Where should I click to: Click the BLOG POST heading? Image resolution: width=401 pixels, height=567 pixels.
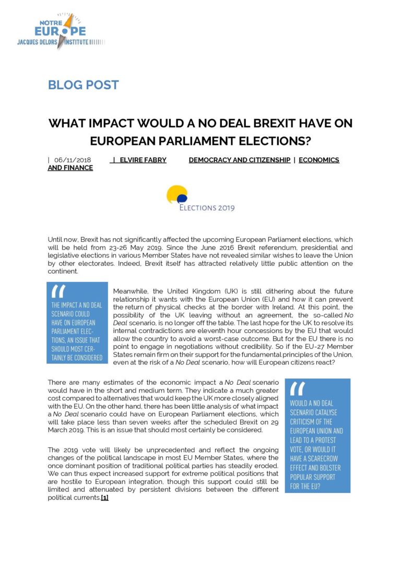click(84, 85)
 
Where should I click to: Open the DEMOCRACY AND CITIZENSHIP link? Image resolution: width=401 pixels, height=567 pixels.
click(240, 160)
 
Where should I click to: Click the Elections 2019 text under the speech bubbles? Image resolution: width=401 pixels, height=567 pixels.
click(207, 207)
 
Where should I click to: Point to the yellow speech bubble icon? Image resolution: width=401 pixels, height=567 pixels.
click(176, 193)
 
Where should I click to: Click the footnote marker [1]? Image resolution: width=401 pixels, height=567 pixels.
click(104, 498)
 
